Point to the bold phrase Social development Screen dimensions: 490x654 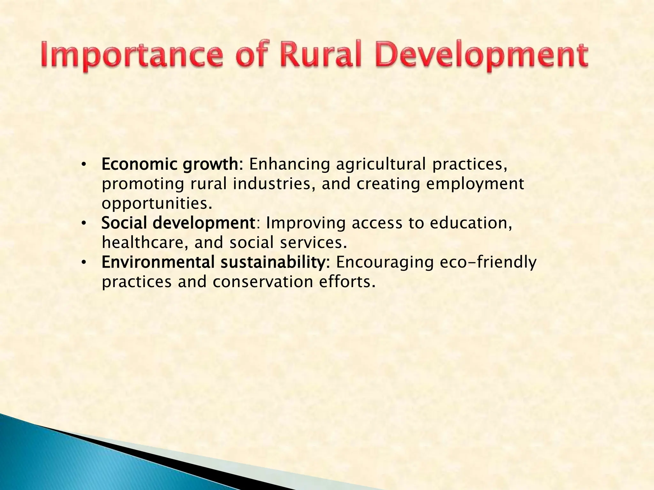[178, 223]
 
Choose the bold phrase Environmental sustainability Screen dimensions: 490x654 [214, 262]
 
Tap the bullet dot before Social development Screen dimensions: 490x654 [84, 223]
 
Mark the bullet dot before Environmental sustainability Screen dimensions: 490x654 [84, 262]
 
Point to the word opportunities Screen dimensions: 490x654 [156, 204]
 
